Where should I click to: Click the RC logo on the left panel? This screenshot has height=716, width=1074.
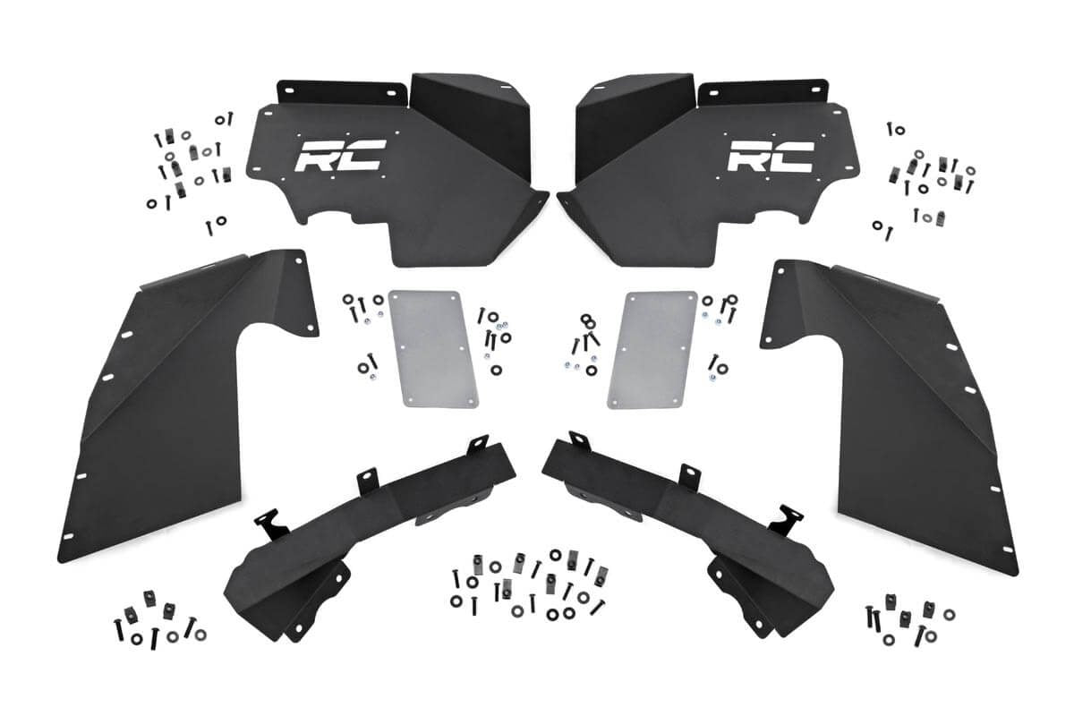pyautogui.click(x=339, y=156)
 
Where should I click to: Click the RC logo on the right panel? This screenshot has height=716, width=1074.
pyautogui.click(x=770, y=156)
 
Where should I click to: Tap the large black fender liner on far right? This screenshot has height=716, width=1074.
pyautogui.click(x=904, y=403)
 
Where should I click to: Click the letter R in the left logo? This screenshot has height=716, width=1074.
pyautogui.click(x=317, y=156)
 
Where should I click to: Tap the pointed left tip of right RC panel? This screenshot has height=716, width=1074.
pyautogui.click(x=566, y=200)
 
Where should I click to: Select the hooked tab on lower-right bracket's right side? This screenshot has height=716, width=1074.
pyautogui.click(x=789, y=520)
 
